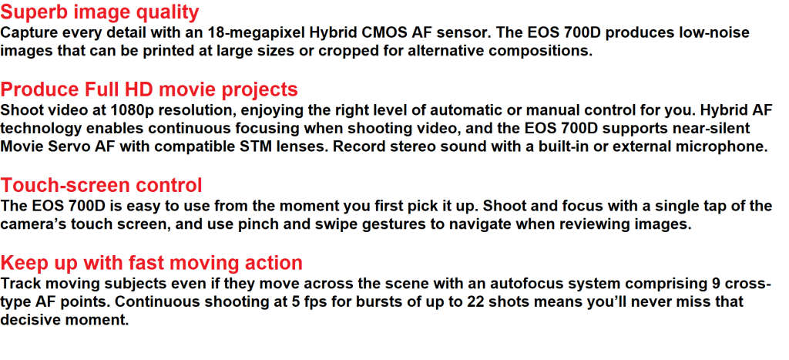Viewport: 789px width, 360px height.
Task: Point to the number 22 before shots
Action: [x=475, y=303]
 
